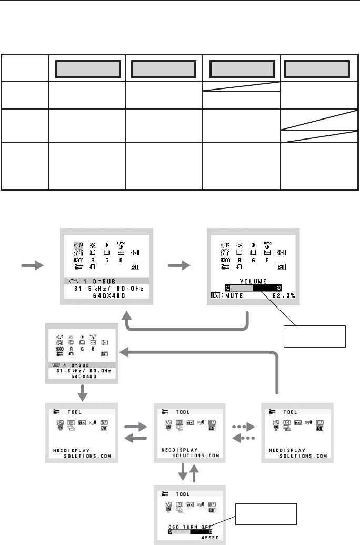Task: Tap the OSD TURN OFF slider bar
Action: (x=188, y=531)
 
